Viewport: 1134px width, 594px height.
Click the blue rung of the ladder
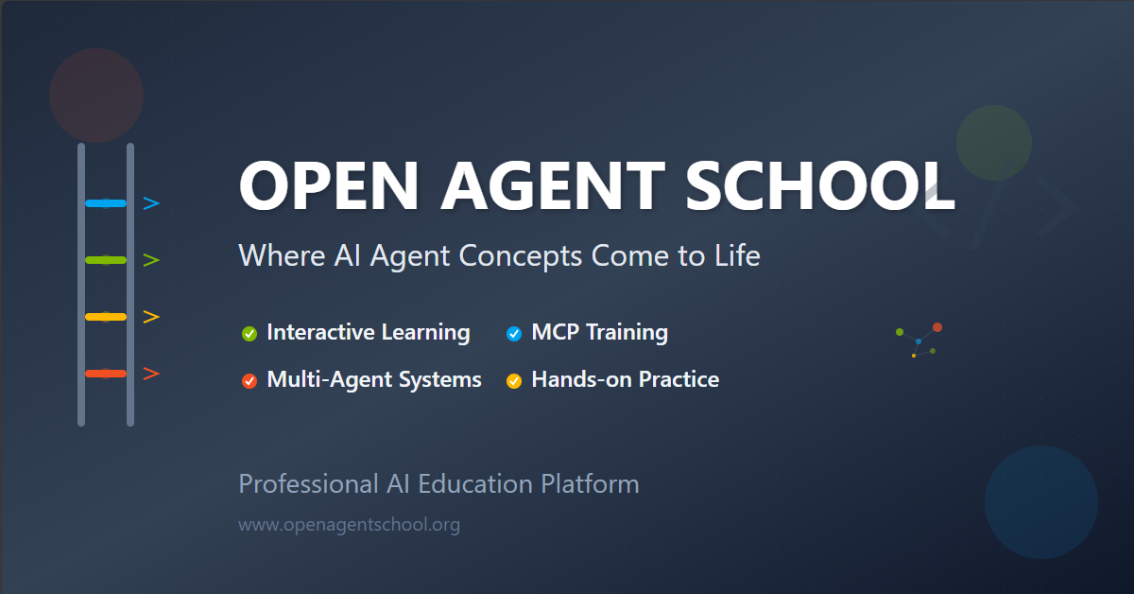(x=106, y=203)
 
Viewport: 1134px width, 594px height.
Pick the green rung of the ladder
(x=106, y=260)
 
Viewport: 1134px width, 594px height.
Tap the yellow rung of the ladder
(x=106, y=317)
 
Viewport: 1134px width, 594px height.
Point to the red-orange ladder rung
(x=106, y=374)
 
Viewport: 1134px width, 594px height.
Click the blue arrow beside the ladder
(x=151, y=203)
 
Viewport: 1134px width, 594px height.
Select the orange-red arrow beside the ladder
(x=151, y=374)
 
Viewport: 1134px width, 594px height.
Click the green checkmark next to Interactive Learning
(x=249, y=333)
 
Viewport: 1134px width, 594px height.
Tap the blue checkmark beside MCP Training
(x=514, y=333)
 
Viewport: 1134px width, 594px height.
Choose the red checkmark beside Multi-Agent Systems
(x=249, y=381)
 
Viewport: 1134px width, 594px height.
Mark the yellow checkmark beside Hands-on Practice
(x=514, y=381)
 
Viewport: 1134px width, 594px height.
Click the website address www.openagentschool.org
(x=349, y=524)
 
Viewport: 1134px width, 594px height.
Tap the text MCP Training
(x=599, y=332)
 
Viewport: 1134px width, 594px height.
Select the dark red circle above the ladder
(x=96, y=96)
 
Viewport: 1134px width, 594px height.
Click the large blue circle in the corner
(x=1040, y=502)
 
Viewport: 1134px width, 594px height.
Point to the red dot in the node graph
(x=937, y=327)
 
